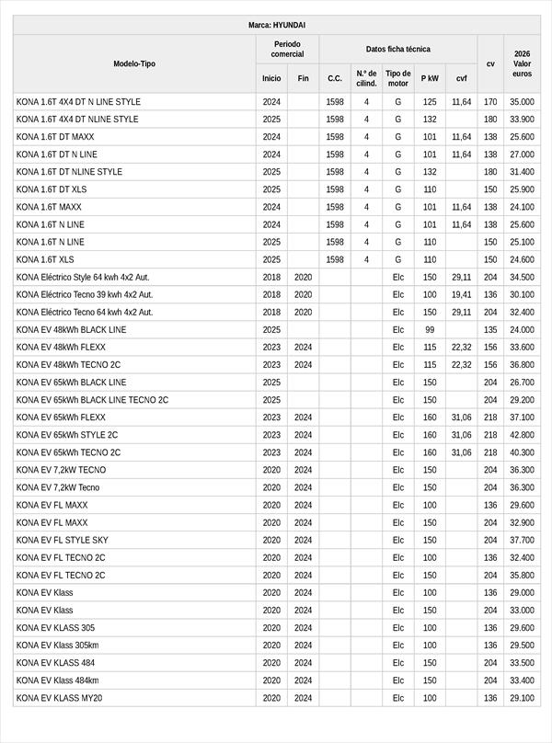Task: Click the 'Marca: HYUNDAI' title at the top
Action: pos(277,25)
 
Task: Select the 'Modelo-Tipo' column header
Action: pos(134,63)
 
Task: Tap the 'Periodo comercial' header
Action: pos(287,50)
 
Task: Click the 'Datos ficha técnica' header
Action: pos(397,50)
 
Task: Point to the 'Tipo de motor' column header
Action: pos(397,78)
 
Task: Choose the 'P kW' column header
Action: pos(430,78)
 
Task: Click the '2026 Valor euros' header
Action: pos(522,63)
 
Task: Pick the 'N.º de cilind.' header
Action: pos(366,78)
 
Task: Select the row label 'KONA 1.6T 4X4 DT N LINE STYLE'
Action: pos(78,102)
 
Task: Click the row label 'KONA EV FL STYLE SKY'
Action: pos(62,540)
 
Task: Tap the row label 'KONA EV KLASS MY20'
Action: pos(59,698)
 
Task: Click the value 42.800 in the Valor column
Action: pos(522,435)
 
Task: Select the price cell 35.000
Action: pos(522,102)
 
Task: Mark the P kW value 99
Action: pos(430,329)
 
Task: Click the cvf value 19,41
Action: pos(461,294)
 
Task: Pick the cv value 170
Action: pos(490,102)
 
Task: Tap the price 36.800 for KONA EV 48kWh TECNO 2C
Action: pos(522,365)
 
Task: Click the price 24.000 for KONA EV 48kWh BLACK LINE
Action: pos(522,329)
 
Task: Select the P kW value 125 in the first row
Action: pos(430,102)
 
